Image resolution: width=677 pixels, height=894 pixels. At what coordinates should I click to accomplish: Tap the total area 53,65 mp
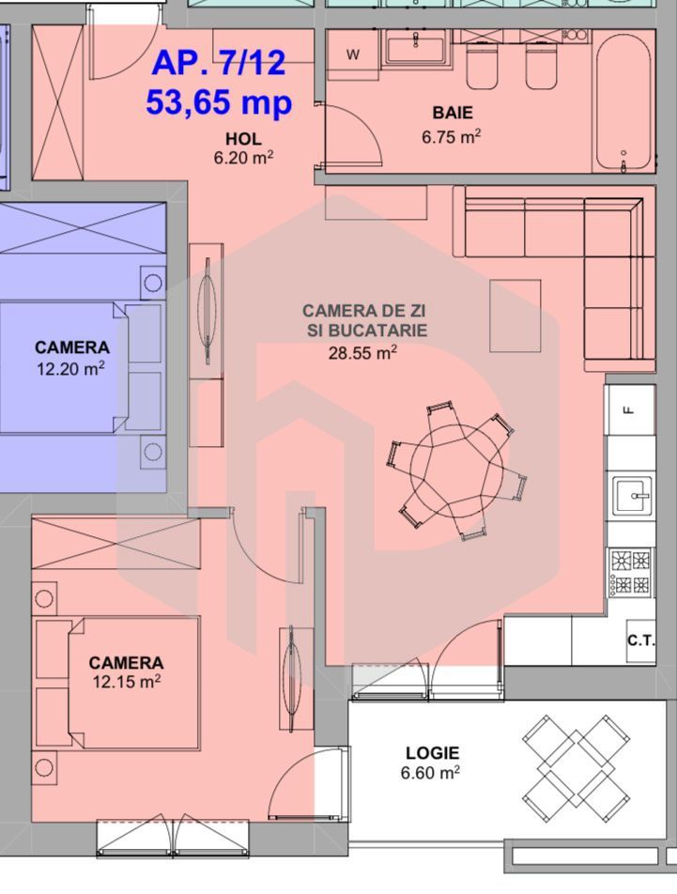point(219,100)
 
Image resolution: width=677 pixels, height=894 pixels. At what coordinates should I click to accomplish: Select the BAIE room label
point(452,114)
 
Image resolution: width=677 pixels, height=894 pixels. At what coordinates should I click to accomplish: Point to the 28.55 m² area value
point(362,352)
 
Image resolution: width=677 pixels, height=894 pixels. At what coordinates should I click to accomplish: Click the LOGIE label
point(432,753)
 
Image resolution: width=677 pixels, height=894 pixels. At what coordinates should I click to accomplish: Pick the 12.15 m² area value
point(126,682)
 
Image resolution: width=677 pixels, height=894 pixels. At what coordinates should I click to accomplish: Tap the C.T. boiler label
point(640,640)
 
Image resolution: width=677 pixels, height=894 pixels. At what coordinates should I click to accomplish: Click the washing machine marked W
point(353,54)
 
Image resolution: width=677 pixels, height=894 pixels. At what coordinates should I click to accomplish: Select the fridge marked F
point(630,408)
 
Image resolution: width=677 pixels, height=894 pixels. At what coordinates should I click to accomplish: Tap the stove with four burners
point(630,573)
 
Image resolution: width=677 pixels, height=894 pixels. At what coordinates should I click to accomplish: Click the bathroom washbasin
point(414,46)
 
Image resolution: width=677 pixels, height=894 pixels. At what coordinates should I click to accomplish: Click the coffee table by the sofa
point(515,316)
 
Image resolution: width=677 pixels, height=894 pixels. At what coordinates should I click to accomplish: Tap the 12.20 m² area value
point(71,368)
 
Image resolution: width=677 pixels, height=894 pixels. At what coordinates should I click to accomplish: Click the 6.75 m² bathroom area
point(452,136)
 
